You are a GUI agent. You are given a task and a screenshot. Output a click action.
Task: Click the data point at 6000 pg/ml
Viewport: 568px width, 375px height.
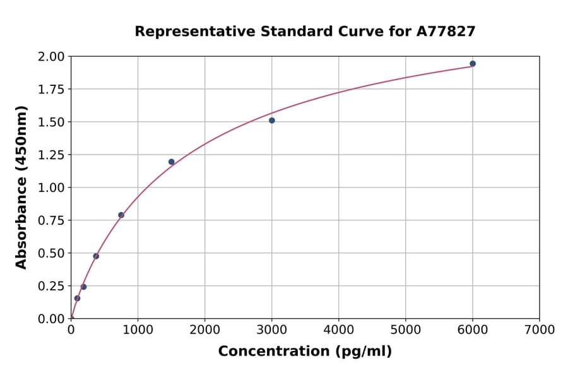[x=472, y=64]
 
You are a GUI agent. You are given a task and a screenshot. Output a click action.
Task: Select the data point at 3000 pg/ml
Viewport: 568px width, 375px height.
[x=271, y=121]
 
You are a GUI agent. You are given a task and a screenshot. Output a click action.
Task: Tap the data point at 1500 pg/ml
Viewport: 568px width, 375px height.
[x=171, y=162]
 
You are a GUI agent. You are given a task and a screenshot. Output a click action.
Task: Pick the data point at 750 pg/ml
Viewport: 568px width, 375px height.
[x=121, y=215]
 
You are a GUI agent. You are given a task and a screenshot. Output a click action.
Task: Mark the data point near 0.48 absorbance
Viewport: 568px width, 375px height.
[x=96, y=256]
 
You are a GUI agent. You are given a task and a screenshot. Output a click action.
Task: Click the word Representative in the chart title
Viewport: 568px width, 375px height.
[x=194, y=32]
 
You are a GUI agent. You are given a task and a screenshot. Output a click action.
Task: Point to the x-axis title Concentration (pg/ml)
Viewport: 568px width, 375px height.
[x=305, y=352]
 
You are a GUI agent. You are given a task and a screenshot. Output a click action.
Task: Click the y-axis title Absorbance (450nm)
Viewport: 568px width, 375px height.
[x=21, y=187]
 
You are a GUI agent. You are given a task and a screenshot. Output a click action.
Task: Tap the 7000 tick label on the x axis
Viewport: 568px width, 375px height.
[x=539, y=330]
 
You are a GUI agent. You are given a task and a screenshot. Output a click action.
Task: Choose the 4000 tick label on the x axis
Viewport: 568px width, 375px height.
[x=338, y=330]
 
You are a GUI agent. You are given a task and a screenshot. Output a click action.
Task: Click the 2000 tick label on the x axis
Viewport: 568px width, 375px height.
[x=204, y=330]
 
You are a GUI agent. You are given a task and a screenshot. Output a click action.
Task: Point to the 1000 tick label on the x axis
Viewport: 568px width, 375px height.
[x=138, y=330]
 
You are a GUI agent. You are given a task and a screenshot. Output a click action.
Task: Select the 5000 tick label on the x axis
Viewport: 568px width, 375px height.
[x=405, y=330]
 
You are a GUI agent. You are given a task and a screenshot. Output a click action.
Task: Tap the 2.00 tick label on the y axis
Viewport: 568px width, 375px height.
[x=52, y=57]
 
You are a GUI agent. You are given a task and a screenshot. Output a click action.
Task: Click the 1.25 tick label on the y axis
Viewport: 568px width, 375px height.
[x=52, y=155]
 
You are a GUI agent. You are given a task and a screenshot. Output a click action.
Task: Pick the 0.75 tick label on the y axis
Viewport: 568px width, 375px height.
[x=52, y=221]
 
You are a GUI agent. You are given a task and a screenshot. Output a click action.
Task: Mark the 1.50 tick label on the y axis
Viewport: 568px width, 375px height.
[x=52, y=122]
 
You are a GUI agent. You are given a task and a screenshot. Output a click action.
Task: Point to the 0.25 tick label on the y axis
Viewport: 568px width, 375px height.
[x=52, y=286]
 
